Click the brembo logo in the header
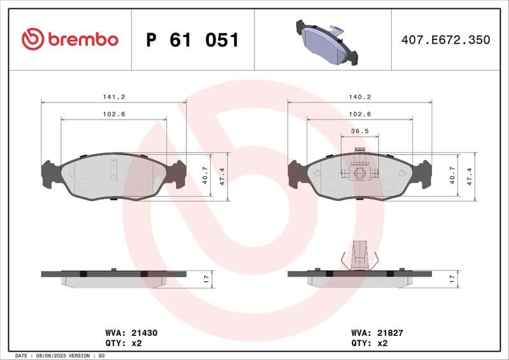tap(70, 39)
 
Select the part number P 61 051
tap(192, 40)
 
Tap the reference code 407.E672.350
tap(445, 40)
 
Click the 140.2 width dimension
tap(359, 97)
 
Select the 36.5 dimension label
tap(359, 132)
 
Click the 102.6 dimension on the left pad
tap(114, 114)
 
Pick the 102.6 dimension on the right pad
tap(359, 114)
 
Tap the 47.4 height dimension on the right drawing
tap(470, 176)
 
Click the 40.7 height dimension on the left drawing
tap(205, 176)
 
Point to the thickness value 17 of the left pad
tap(205, 278)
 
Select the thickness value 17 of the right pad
tap(452, 278)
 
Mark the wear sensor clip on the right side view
tap(359, 254)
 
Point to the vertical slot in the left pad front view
tap(114, 170)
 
